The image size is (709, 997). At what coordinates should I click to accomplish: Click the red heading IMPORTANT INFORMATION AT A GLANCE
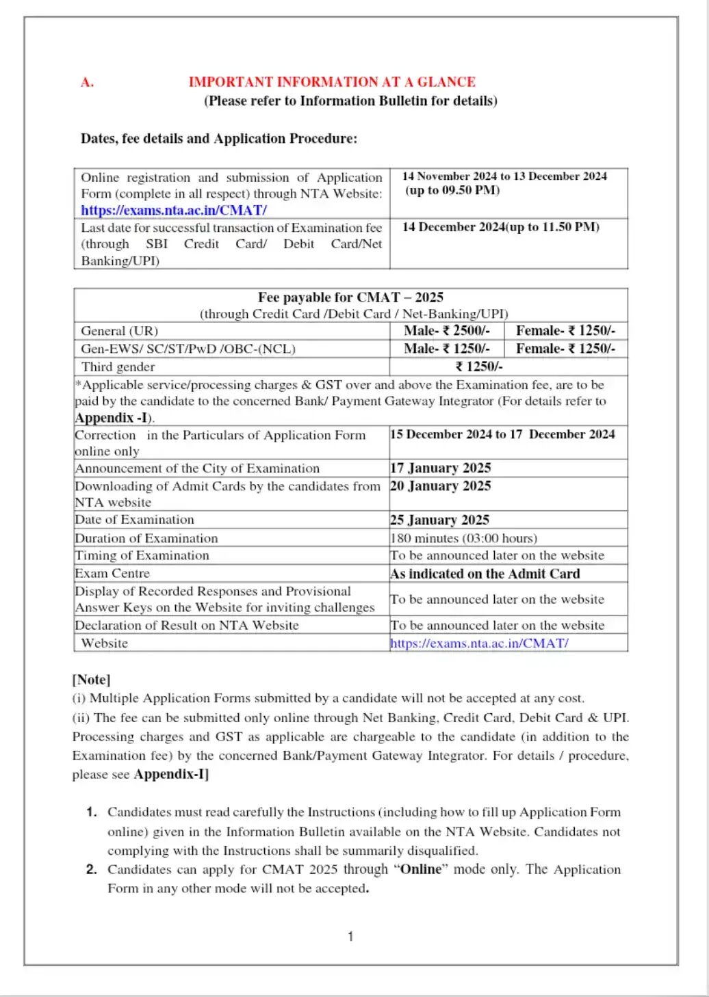(x=332, y=82)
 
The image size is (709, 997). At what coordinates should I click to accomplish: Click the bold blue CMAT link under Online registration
(x=174, y=211)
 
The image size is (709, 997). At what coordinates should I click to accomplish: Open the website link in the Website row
(x=479, y=643)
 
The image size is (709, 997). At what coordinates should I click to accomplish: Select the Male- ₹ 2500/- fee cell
(x=447, y=331)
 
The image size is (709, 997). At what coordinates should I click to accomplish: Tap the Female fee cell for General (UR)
(x=565, y=331)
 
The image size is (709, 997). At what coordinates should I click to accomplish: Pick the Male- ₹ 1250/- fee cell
(x=447, y=349)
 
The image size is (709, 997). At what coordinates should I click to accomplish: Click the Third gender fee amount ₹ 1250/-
(x=479, y=367)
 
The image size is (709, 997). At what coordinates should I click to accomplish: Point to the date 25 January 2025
(x=439, y=520)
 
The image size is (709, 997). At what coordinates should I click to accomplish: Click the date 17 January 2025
(x=441, y=468)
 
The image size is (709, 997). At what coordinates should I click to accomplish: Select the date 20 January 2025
(x=441, y=486)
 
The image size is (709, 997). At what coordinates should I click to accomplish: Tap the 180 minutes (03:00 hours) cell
(x=464, y=538)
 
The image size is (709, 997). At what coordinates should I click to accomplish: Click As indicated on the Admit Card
(x=485, y=574)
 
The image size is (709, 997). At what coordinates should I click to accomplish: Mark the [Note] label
(x=91, y=680)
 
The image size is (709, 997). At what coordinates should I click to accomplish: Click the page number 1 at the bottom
(x=350, y=937)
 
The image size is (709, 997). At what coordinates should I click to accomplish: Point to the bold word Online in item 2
(x=420, y=869)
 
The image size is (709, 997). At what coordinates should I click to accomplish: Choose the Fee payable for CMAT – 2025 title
(x=350, y=297)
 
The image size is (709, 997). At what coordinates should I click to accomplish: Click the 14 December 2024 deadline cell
(x=501, y=227)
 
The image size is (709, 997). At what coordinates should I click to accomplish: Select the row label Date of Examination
(x=135, y=520)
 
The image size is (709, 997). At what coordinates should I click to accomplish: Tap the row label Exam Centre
(x=112, y=574)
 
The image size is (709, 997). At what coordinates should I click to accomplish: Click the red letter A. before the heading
(x=87, y=83)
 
